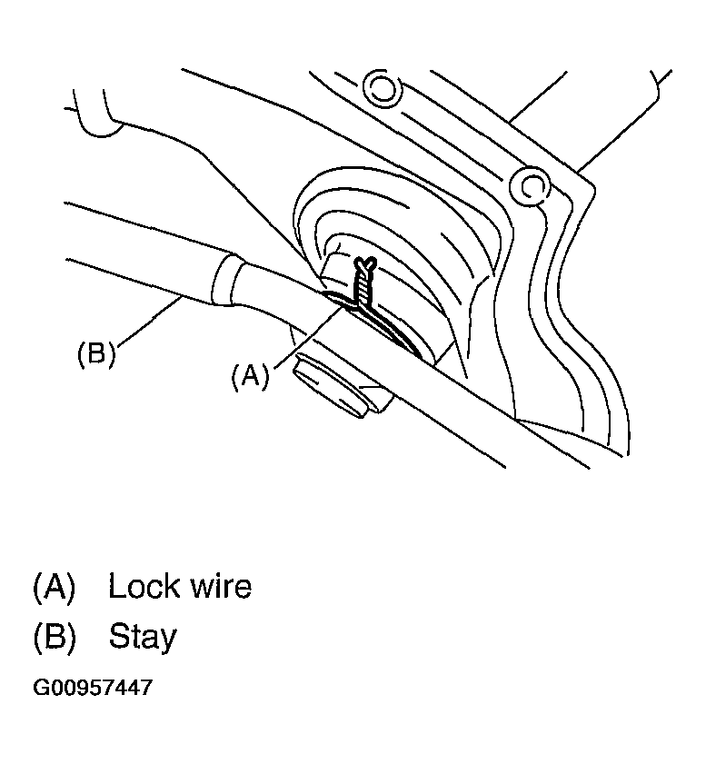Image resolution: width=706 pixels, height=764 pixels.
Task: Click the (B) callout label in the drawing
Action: (95, 353)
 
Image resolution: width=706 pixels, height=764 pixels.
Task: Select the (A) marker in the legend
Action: (54, 587)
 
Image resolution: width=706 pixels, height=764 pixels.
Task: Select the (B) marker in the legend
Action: (54, 636)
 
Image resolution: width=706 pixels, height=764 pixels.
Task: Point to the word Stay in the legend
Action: (143, 637)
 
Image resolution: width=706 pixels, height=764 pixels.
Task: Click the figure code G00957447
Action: (93, 688)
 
